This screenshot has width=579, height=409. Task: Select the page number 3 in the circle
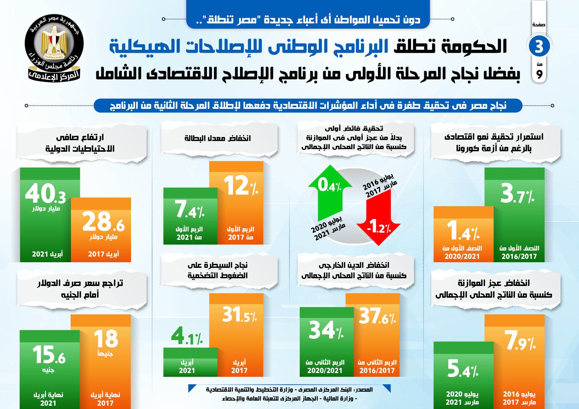click(x=539, y=46)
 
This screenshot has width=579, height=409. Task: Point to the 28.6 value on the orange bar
click(x=103, y=222)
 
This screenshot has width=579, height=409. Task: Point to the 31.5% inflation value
click(x=239, y=315)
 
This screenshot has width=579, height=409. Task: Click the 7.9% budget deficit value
click(x=520, y=340)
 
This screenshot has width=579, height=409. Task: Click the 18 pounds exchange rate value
click(x=106, y=339)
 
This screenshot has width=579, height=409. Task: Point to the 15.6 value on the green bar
click(x=49, y=355)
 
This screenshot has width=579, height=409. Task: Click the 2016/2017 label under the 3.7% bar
click(x=519, y=256)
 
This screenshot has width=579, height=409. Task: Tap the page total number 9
click(x=539, y=75)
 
